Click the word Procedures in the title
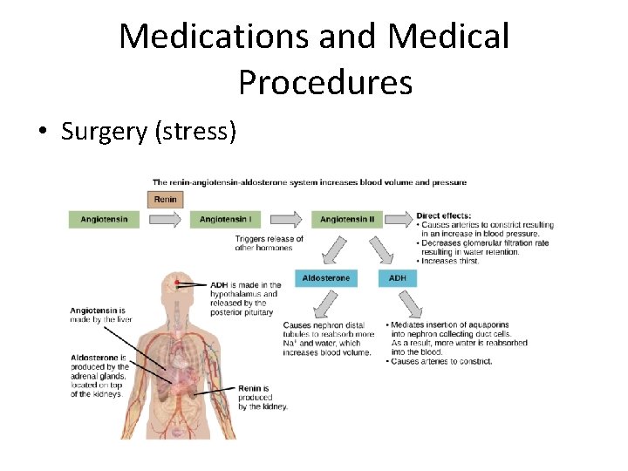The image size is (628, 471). [x=324, y=82]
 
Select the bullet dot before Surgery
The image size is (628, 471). [x=42, y=133]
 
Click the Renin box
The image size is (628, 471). [x=166, y=199]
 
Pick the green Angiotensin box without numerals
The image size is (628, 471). [x=104, y=220]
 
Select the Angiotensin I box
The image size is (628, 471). [x=225, y=220]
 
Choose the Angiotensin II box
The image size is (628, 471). [x=346, y=220]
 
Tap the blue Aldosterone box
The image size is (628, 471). [x=325, y=278]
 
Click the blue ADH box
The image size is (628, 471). [x=397, y=278]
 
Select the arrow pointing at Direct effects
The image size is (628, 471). [x=398, y=220]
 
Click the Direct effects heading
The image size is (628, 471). [x=444, y=215]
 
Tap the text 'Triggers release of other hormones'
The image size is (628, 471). [x=269, y=243]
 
